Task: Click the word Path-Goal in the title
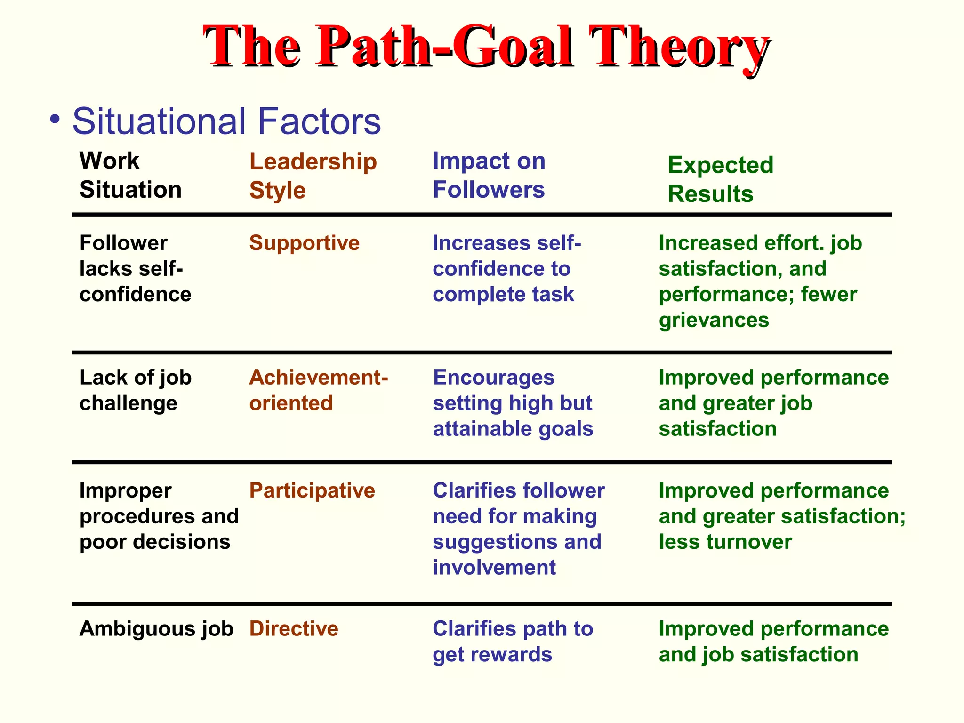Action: pos(445,47)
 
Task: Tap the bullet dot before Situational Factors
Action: pos(56,119)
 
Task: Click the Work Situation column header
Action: pos(130,175)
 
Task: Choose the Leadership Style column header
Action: pos(313,176)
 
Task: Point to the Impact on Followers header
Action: pos(489,175)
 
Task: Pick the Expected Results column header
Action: pos(720,179)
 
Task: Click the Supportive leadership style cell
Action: pos(304,243)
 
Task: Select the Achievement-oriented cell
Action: pos(318,390)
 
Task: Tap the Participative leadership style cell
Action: pos(312,490)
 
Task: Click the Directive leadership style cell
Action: pos(294,629)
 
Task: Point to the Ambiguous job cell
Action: pos(156,629)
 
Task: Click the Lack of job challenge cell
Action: pos(136,390)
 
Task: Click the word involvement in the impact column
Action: pos(494,568)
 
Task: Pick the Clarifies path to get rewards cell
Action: pos(513,642)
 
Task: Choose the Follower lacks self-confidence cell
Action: pos(136,269)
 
